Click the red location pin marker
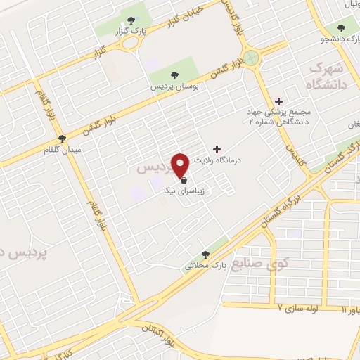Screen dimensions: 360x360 pos(181,165)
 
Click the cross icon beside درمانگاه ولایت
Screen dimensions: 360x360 pos(217,149)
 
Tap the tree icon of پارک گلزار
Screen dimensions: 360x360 pos(132,20)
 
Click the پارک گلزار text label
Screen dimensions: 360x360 pos(132,32)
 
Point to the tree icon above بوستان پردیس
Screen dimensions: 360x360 pos(173,75)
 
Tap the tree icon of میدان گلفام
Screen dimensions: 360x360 pos(63,139)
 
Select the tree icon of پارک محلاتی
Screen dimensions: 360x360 pos(205,255)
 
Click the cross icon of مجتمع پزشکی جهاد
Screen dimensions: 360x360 pos(279,101)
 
